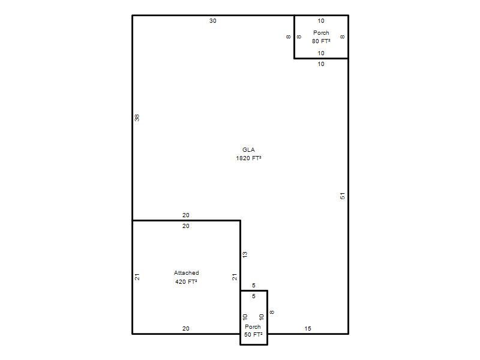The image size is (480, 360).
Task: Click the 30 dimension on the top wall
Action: click(213, 21)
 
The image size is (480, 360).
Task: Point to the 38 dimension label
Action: click(137, 118)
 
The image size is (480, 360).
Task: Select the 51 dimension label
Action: click(342, 196)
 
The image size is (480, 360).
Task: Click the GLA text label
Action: click(248, 149)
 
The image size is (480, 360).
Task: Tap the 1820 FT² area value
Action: click(248, 158)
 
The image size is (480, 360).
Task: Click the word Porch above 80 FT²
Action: click(321, 33)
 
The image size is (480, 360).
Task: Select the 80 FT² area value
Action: click(321, 41)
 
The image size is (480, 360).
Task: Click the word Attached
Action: click(186, 273)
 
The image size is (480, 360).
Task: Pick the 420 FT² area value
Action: click(186, 281)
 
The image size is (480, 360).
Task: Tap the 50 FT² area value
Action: click(253, 335)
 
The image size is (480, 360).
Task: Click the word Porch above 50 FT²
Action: click(253, 326)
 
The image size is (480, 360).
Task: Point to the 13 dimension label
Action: click(245, 254)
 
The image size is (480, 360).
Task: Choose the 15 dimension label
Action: click(308, 328)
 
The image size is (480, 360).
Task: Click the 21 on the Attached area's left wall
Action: click(137, 277)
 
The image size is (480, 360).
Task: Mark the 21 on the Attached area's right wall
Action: click(234, 277)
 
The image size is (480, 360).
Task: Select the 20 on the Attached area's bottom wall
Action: click(186, 328)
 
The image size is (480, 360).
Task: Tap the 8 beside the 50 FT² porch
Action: click(272, 312)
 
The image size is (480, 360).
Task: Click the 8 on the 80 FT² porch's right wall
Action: click(342, 37)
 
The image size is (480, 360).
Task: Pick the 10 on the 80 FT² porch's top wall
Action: click(321, 21)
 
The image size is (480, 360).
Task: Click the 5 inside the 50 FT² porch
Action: click(253, 296)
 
